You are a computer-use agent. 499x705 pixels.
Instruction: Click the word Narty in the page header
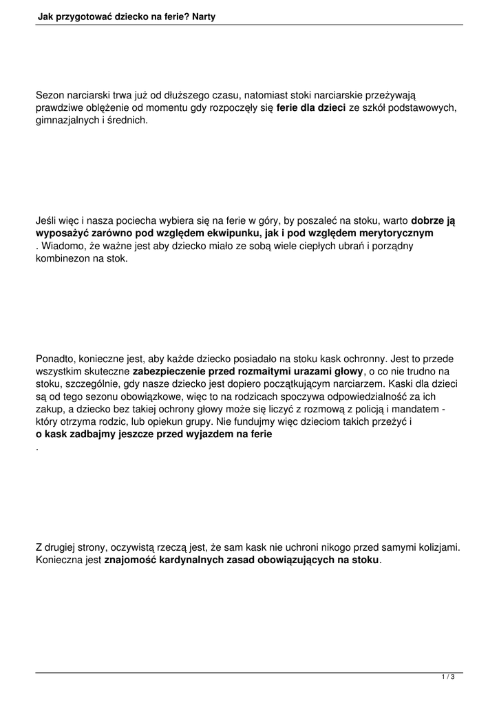click(x=201, y=16)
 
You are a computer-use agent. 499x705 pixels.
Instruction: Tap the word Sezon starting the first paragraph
click(x=50, y=96)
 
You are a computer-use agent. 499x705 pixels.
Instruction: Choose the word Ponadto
click(x=56, y=359)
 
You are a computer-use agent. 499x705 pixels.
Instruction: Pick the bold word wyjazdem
click(x=217, y=435)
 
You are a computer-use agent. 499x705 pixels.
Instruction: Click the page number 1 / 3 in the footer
click(x=448, y=677)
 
